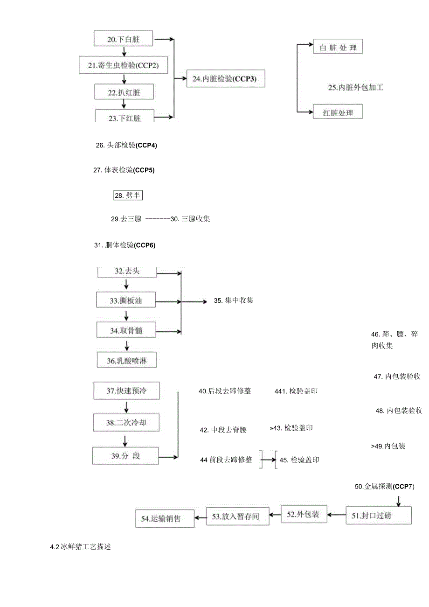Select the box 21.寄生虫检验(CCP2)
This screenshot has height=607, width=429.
124,66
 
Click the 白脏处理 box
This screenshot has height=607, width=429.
338,48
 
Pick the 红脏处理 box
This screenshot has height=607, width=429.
338,112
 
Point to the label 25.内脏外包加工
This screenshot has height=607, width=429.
355,87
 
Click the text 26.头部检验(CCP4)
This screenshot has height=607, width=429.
126,145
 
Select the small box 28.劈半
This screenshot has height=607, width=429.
128,195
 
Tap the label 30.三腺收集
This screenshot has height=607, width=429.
190,218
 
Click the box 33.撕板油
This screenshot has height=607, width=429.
125,301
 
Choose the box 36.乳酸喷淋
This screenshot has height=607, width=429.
125,361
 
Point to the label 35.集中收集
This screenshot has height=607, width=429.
234,300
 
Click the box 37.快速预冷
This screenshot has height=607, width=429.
126,391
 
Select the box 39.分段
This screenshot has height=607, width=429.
125,456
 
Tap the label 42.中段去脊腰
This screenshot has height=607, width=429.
223,430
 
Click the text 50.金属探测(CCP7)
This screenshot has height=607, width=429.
384,487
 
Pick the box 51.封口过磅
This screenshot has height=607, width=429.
379,516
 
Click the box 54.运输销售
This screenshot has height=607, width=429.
165,518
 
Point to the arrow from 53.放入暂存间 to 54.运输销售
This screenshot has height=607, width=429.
200,517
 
